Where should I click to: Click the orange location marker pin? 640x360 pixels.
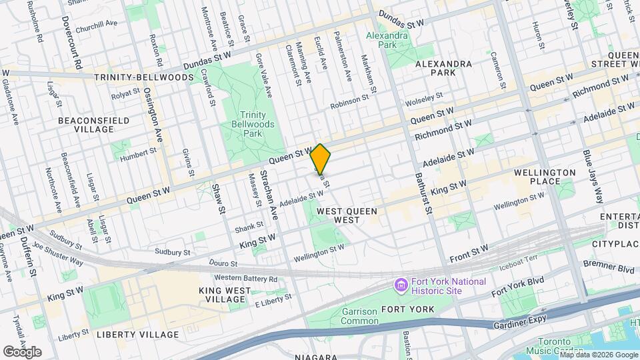click(321, 159)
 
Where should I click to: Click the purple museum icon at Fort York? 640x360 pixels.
click(401, 286)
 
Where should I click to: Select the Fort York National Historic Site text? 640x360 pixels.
click(447, 287)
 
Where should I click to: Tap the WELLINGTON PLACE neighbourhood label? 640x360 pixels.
click(545, 177)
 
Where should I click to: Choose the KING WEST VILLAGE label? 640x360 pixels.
click(226, 295)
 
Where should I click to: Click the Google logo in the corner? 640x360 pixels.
click(22, 352)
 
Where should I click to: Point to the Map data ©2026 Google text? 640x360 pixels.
click(599, 355)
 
